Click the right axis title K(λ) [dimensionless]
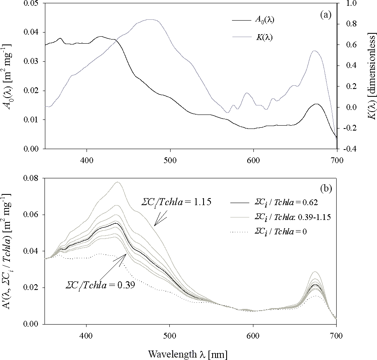point(371,76)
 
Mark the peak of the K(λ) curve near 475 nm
point(150,19)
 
